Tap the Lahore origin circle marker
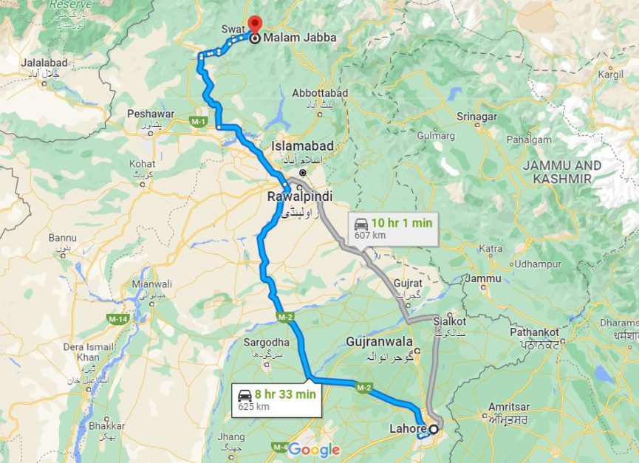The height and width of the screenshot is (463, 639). click(x=433, y=429)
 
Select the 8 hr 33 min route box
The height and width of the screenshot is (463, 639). click(x=276, y=399)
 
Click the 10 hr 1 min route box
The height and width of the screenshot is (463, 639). click(x=393, y=227)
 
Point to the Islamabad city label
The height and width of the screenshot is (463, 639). click(x=302, y=145)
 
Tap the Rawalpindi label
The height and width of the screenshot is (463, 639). click(x=299, y=196)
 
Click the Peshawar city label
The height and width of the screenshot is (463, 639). click(x=150, y=114)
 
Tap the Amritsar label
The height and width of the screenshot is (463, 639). click(x=510, y=407)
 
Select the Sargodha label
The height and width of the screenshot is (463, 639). click(x=266, y=343)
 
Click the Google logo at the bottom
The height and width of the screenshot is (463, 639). click(x=314, y=449)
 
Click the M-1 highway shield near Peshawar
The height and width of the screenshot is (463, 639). click(x=197, y=120)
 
